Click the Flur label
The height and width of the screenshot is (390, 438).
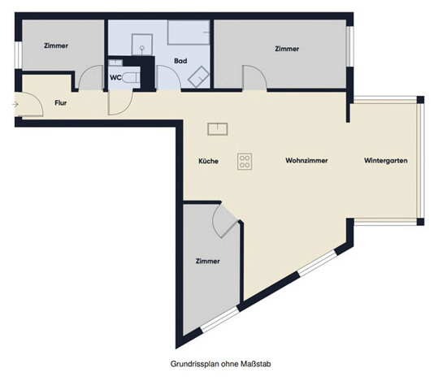(x=60, y=104)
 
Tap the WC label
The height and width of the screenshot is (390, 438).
(x=116, y=78)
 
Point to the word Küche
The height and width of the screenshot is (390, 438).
(x=208, y=161)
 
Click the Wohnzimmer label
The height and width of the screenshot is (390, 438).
(x=306, y=161)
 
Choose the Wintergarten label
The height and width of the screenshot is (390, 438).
(x=385, y=161)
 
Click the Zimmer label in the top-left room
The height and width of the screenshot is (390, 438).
(x=56, y=47)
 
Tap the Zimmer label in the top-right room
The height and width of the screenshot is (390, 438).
(x=287, y=49)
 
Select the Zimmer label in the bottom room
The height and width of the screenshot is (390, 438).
(x=207, y=261)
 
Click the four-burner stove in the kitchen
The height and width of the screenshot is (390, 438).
(x=245, y=161)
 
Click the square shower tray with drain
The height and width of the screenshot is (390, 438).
(x=142, y=42)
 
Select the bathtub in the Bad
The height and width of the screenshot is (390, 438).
(x=189, y=32)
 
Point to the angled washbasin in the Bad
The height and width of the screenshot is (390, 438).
(x=197, y=76)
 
